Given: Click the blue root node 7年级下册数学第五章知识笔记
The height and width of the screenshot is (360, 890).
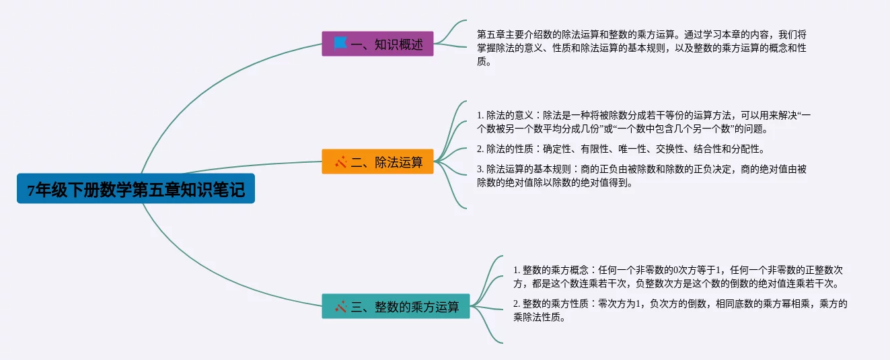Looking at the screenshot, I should pyautogui.click(x=136, y=189).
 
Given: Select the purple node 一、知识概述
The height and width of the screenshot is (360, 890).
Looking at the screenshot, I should pyautogui.click(x=377, y=44).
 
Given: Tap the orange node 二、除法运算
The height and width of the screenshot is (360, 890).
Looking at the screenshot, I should pyautogui.click(x=377, y=161).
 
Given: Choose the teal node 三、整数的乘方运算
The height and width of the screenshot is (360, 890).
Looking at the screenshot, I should pyautogui.click(x=396, y=307).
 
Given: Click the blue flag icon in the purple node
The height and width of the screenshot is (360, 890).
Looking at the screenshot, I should pyautogui.click(x=340, y=44).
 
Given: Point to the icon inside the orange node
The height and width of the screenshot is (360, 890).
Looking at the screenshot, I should pyautogui.click(x=340, y=161).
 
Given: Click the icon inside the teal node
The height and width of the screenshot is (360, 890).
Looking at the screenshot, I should pyautogui.click(x=340, y=307).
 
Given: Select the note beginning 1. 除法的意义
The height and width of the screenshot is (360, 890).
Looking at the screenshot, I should pyautogui.click(x=643, y=122).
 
